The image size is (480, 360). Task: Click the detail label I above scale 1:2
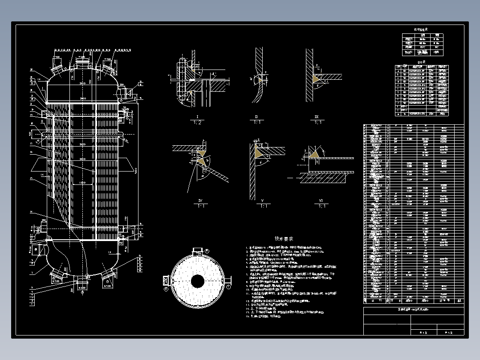coord(196,117)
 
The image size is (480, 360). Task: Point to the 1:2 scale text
coord(196,123)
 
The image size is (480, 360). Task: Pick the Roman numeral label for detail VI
coord(321,201)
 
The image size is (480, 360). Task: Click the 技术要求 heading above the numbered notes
coord(284,239)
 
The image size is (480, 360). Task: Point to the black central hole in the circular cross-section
coord(197,281)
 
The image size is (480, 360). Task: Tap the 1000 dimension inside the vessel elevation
coord(81,182)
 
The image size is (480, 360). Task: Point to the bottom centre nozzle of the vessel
coord(81,281)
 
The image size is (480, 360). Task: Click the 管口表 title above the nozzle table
coord(421,62)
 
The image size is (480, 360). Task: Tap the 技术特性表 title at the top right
coord(421,29)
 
